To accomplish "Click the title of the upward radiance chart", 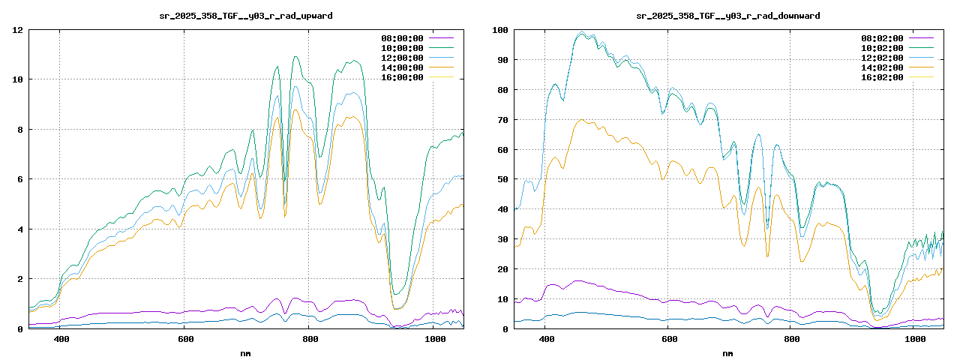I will click(246, 15).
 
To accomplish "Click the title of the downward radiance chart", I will click(728, 15).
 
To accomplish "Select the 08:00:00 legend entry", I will click(402, 38).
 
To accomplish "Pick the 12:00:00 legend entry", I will click(402, 58).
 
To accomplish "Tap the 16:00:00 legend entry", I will click(402, 77).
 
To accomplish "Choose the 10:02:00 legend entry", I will click(883, 48).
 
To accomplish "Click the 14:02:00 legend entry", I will click(883, 67).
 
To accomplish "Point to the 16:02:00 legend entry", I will click(883, 77).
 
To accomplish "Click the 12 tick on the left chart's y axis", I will click(16, 30).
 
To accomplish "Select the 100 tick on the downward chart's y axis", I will click(499, 30).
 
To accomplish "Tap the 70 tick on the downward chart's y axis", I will click(502, 120).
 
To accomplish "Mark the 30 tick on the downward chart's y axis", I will click(502, 239).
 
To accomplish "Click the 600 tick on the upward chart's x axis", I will click(184, 339).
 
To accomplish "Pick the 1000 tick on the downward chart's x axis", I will click(913, 339).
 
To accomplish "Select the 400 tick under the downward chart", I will click(546, 339).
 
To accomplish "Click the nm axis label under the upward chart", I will click(246, 352).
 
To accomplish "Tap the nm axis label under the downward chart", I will click(728, 352).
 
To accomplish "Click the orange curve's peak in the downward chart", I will click(580, 120).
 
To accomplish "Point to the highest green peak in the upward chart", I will click(295, 57).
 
